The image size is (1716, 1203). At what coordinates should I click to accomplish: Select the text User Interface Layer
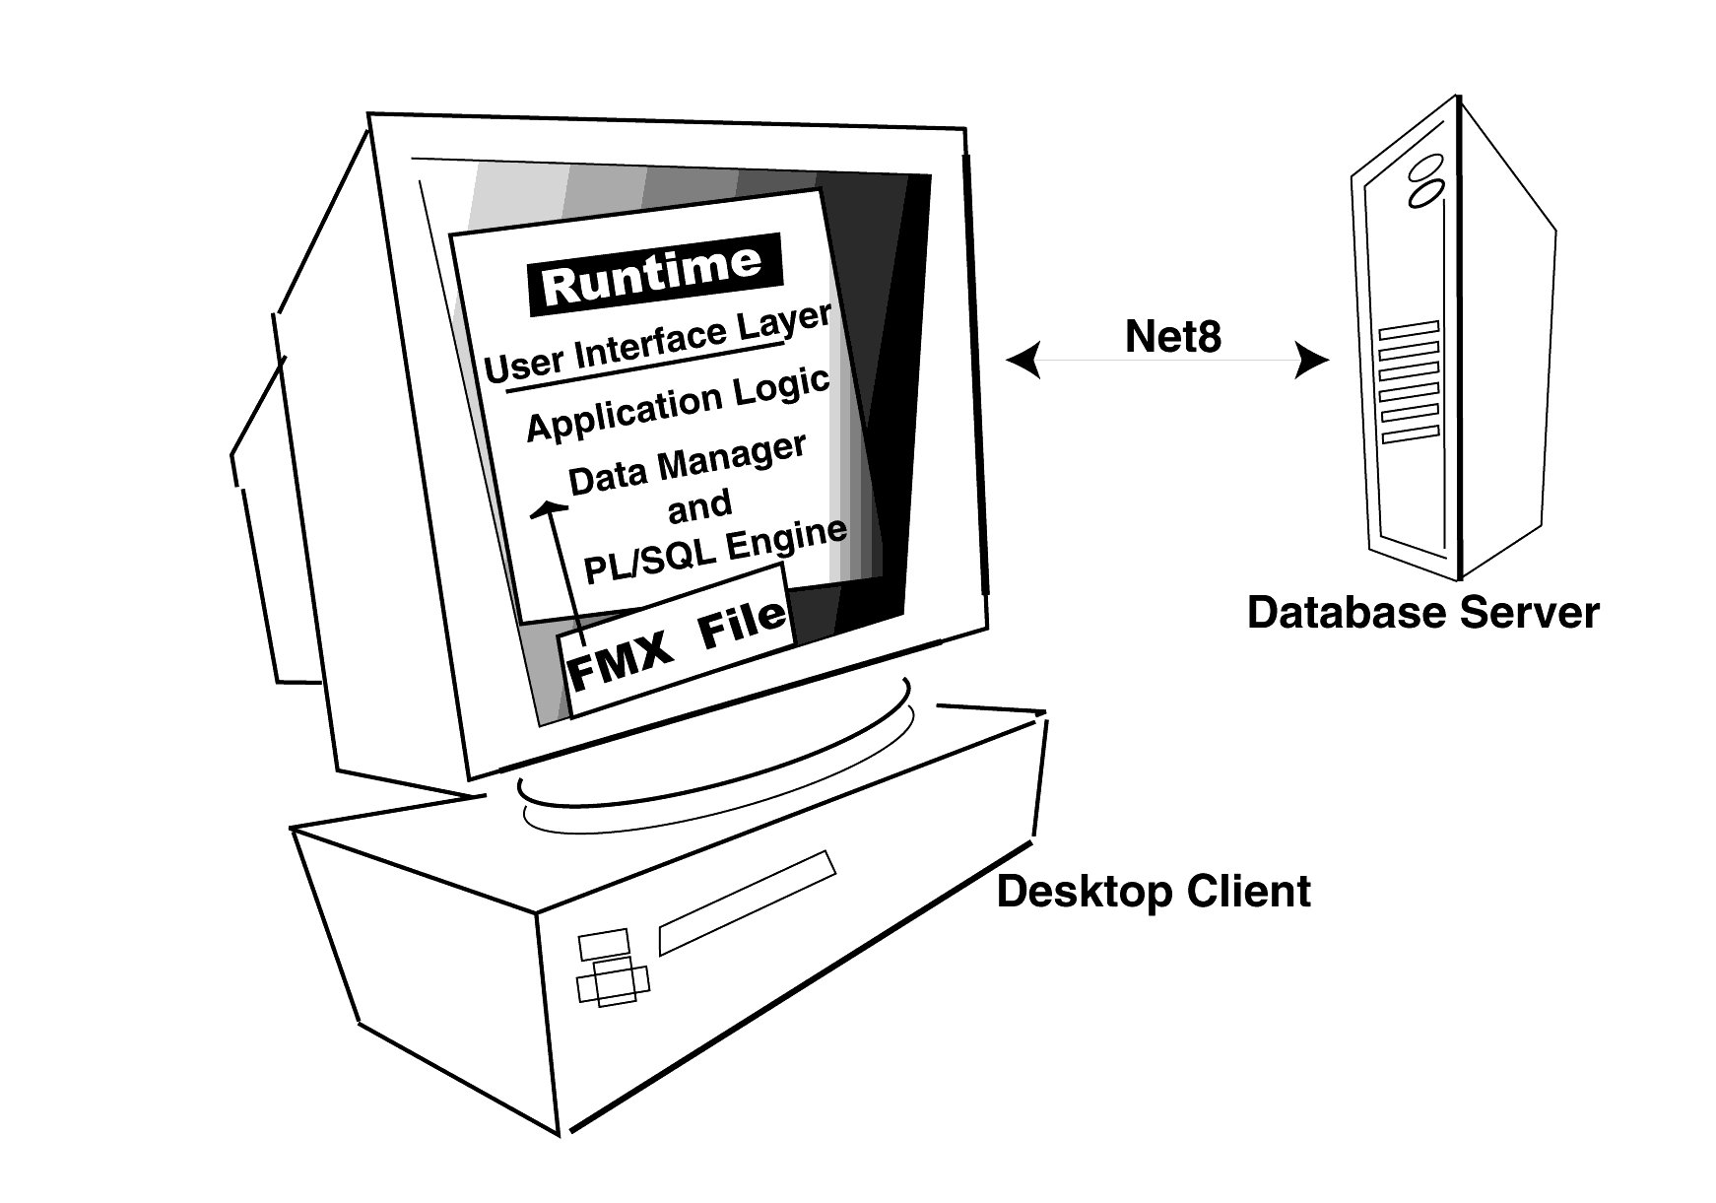pos(658,344)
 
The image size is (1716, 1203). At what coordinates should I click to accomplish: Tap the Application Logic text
pos(678,405)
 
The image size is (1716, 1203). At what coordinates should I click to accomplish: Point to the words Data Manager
pos(687,463)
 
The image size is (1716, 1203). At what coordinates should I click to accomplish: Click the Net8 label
pos(1172,336)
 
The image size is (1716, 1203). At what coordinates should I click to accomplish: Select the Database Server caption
pos(1422,612)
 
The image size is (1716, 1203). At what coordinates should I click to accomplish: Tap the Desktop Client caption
pos(1153,892)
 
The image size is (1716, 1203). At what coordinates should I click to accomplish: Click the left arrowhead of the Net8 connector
pos(1023,360)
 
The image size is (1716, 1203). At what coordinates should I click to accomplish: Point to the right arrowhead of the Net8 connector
pos(1312,361)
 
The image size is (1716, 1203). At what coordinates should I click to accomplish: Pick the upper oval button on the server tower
pos(1423,167)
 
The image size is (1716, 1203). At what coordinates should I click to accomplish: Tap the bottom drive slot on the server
pos(1411,434)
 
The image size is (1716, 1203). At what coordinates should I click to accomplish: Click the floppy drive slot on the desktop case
pos(747,902)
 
